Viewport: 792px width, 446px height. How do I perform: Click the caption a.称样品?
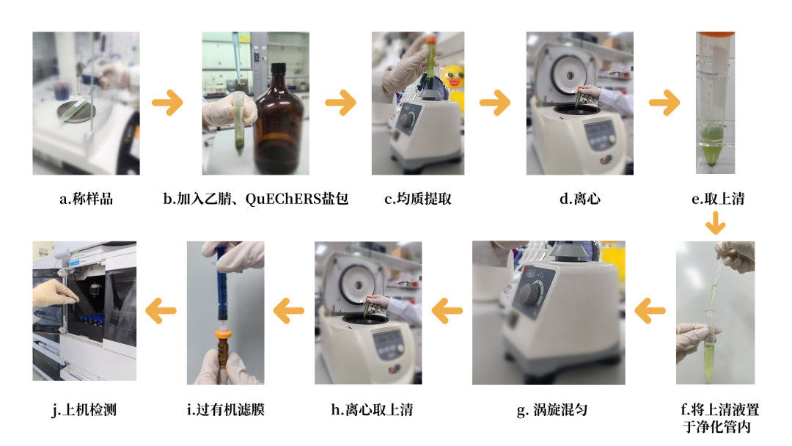86,199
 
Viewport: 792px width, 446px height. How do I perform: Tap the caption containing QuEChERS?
256,199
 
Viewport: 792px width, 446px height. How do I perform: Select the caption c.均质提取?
418,199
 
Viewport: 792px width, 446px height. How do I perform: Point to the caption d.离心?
580,199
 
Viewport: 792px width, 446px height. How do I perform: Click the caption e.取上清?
718,199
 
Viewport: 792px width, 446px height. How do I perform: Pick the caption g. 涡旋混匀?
552,409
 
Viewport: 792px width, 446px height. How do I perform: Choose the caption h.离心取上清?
372,409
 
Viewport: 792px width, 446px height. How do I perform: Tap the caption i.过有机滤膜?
225,409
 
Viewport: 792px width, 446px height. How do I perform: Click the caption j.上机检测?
84,409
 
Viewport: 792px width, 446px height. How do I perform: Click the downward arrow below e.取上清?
715,223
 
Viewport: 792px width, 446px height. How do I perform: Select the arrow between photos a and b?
168,103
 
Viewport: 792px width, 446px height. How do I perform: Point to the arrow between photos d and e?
664,103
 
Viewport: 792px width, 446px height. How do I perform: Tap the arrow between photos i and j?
161,310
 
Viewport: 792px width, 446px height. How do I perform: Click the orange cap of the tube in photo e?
715,34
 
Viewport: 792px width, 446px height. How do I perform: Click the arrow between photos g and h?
447,310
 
